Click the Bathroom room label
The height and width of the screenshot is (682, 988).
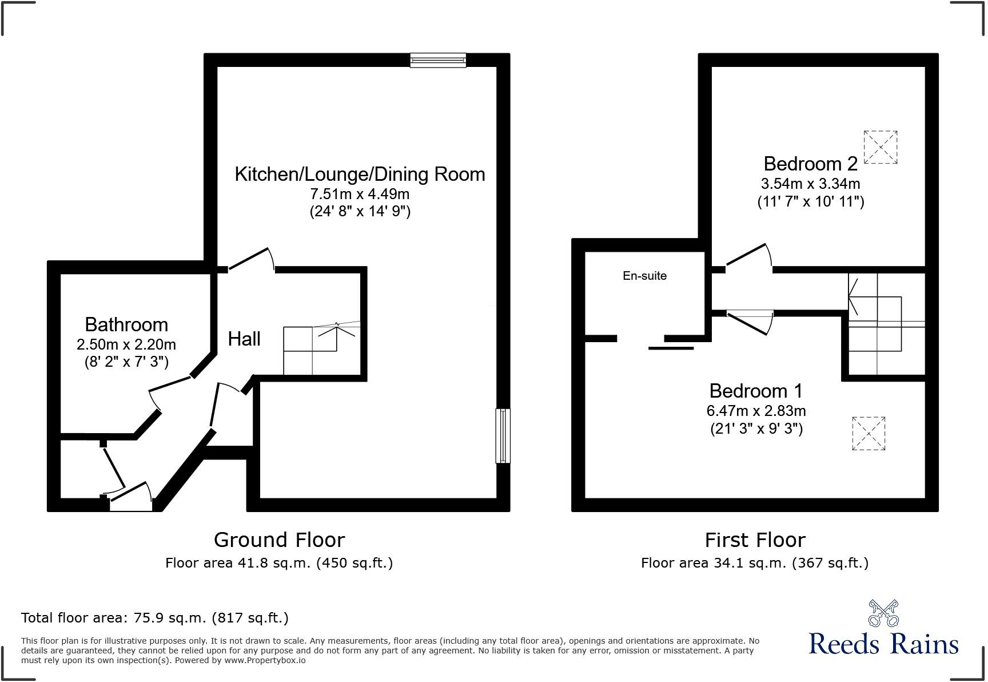(126, 324)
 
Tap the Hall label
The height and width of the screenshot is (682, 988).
(244, 339)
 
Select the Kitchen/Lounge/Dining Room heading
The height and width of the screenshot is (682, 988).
(360, 174)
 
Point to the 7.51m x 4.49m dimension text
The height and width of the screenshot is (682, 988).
(360, 193)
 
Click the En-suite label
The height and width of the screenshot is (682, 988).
(644, 276)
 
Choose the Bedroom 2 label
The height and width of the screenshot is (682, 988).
(810, 164)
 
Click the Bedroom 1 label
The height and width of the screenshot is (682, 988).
(756, 391)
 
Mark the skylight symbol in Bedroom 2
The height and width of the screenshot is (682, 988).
(880, 147)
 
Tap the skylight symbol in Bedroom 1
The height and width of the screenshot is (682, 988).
(869, 433)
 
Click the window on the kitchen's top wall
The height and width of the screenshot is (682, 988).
(438, 60)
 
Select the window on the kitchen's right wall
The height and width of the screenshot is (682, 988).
(503, 435)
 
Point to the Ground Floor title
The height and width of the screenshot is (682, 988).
(279, 540)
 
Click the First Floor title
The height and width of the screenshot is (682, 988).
(755, 540)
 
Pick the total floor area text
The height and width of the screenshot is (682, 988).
(154, 618)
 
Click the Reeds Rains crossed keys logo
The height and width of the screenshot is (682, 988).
(883, 613)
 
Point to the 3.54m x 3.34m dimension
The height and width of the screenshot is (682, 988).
(810, 184)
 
